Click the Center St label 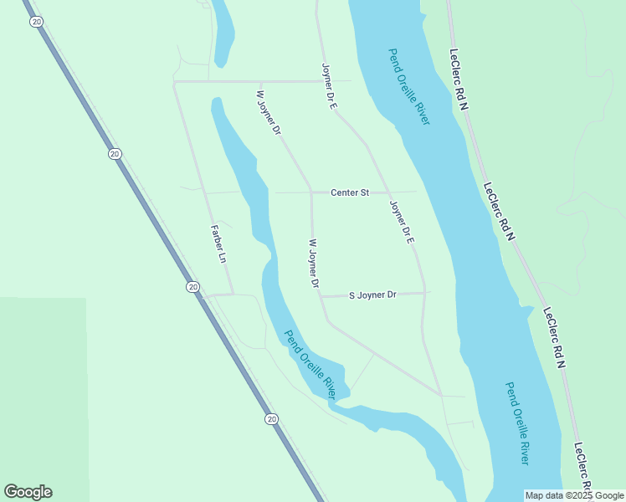350,193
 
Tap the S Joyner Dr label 372,295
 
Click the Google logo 28,492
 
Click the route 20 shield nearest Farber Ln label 193,287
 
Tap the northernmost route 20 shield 36,22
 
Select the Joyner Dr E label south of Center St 403,223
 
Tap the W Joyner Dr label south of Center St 308,263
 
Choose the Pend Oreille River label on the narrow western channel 316,364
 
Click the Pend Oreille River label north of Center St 408,87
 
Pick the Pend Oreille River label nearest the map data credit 517,423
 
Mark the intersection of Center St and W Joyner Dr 311,192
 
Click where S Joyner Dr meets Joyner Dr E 424,293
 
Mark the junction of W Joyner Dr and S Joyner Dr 321,295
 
